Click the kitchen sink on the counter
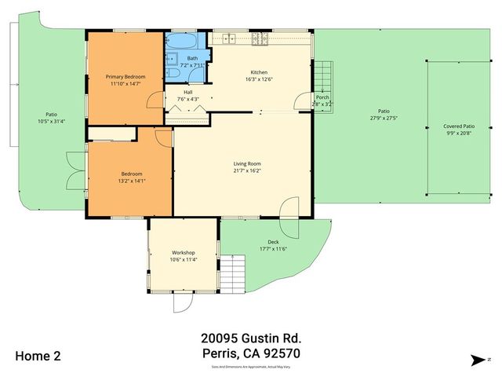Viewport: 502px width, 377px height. pyautogui.click(x=227, y=38)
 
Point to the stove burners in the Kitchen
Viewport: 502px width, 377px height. pyautogui.click(x=259, y=38)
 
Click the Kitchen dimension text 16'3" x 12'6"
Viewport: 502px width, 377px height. pyautogui.click(x=258, y=78)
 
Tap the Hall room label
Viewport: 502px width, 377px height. pyautogui.click(x=188, y=92)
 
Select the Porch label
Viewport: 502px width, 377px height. pyautogui.click(x=322, y=97)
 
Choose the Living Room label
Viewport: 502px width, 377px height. pyautogui.click(x=246, y=163)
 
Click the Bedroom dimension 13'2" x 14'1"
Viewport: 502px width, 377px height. pyautogui.click(x=131, y=181)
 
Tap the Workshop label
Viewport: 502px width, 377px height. pyautogui.click(x=183, y=252)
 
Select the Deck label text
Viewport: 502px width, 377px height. pyautogui.click(x=273, y=242)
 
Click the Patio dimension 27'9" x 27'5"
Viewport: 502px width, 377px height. pyautogui.click(x=384, y=118)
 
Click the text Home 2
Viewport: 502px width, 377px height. pyautogui.click(x=37, y=355)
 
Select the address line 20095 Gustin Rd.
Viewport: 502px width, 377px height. pyautogui.click(x=251, y=339)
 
